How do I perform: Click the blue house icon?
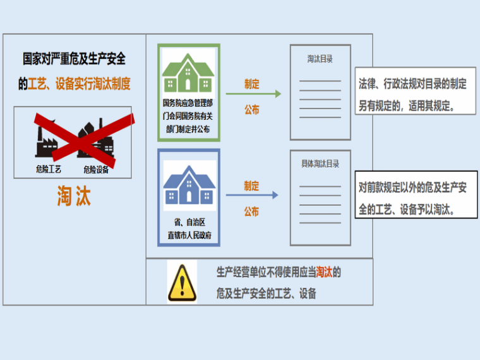(x=189, y=184)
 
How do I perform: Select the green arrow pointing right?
(x=253, y=95)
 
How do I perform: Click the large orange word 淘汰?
(x=74, y=196)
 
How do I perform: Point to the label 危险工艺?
(x=49, y=169)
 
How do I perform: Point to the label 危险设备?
(x=96, y=169)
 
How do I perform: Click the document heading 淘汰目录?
(x=320, y=59)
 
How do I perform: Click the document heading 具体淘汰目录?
(x=320, y=164)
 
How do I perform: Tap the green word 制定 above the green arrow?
(x=251, y=83)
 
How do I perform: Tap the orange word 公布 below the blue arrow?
(x=251, y=212)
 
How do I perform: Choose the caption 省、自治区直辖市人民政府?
(x=189, y=228)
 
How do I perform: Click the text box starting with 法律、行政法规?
(x=414, y=92)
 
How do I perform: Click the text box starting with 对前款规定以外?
(x=416, y=195)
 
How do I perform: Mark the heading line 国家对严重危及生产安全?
(x=75, y=60)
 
